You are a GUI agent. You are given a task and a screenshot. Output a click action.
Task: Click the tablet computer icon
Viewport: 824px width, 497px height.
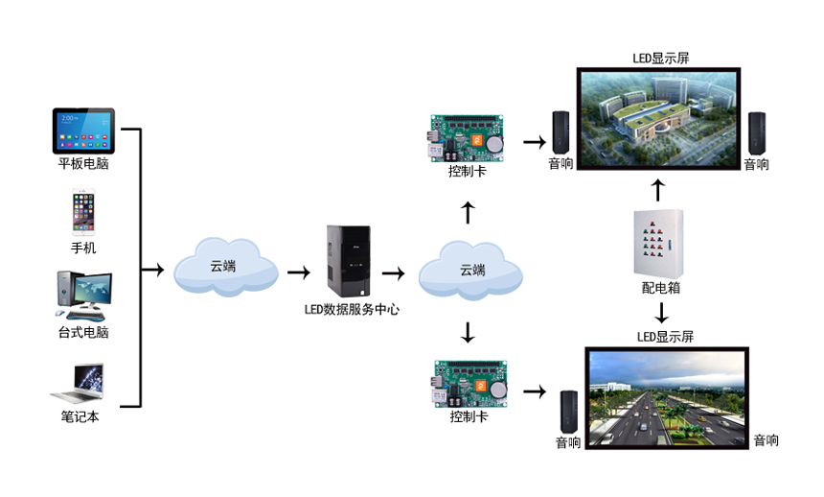[x=83, y=130]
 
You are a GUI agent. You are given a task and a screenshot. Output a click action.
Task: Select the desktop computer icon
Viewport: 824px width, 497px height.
[x=83, y=296]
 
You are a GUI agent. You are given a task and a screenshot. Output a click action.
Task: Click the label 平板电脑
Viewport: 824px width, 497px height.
[x=83, y=164]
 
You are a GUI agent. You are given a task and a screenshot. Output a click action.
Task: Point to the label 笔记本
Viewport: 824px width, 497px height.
[x=80, y=417]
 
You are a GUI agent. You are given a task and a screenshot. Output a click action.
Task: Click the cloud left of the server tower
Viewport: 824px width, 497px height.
[x=225, y=268]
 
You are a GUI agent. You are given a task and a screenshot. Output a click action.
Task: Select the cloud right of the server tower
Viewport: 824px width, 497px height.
[x=470, y=272]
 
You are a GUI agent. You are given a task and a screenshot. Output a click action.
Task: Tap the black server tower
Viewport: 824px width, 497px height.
[x=348, y=260]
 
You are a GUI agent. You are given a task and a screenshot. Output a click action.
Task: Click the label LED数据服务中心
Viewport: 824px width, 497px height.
[x=352, y=309]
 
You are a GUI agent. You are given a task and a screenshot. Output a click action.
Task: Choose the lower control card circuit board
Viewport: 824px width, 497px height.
[x=469, y=384]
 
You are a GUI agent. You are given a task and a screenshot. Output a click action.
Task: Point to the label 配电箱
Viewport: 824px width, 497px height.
[x=661, y=287]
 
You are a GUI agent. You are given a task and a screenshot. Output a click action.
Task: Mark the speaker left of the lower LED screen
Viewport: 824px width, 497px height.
[x=569, y=411]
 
